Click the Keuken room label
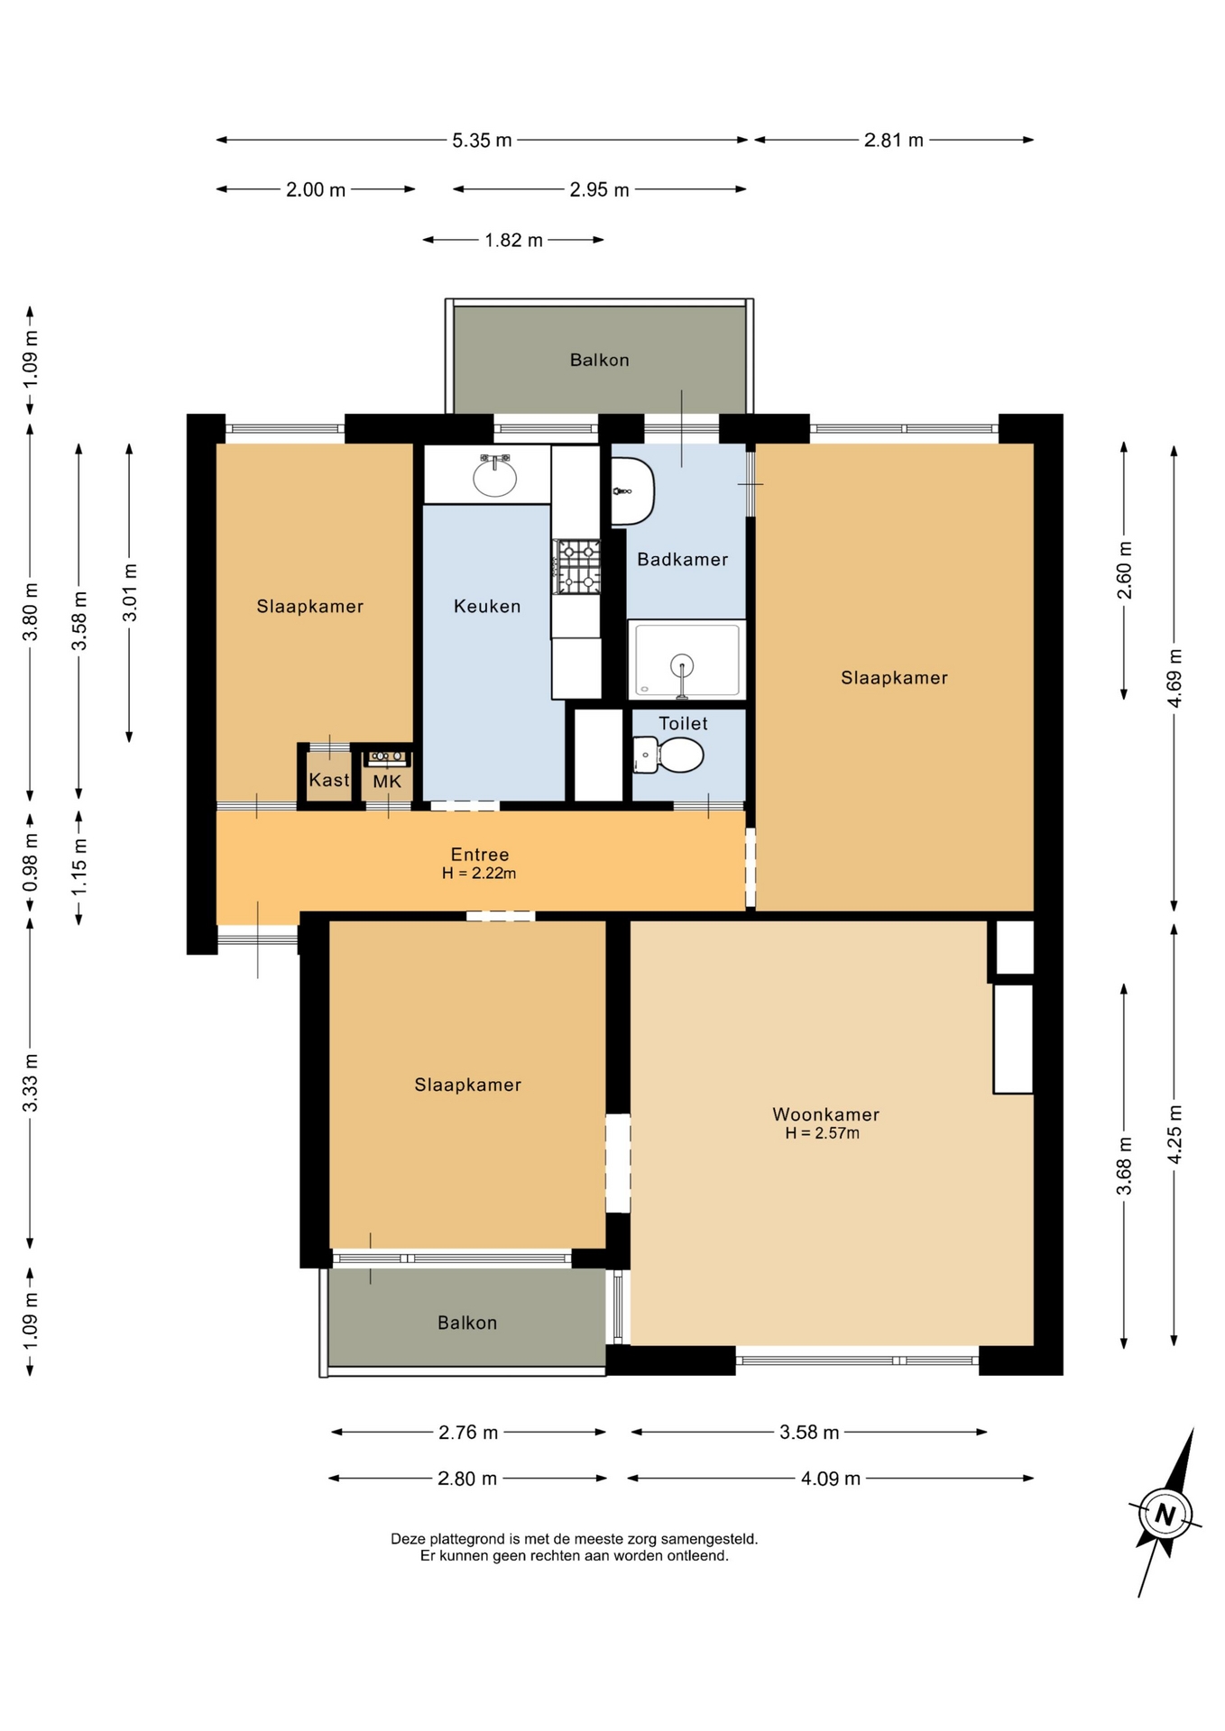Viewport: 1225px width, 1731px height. [487, 606]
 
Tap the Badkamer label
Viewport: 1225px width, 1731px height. [682, 559]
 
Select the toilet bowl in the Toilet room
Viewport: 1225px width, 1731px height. [669, 755]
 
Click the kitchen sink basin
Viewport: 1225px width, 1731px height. [495, 477]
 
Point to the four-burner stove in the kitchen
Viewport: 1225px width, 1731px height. [576, 566]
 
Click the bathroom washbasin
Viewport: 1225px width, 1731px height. [632, 491]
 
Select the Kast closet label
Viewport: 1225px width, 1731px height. [328, 780]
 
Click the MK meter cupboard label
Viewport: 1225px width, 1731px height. [387, 782]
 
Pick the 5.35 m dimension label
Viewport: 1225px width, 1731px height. [482, 140]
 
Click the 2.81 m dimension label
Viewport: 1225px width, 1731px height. [894, 140]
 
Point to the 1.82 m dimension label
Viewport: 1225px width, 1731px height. [513, 240]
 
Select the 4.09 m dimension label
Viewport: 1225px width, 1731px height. [831, 1479]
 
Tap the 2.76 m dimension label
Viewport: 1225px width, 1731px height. [468, 1432]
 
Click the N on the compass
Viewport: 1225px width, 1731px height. [1165, 1515]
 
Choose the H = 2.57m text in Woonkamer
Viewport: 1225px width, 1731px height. [822, 1133]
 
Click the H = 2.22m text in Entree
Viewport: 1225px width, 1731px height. [479, 873]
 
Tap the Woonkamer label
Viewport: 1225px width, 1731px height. [825, 1114]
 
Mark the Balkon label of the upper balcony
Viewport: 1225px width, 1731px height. [599, 360]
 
